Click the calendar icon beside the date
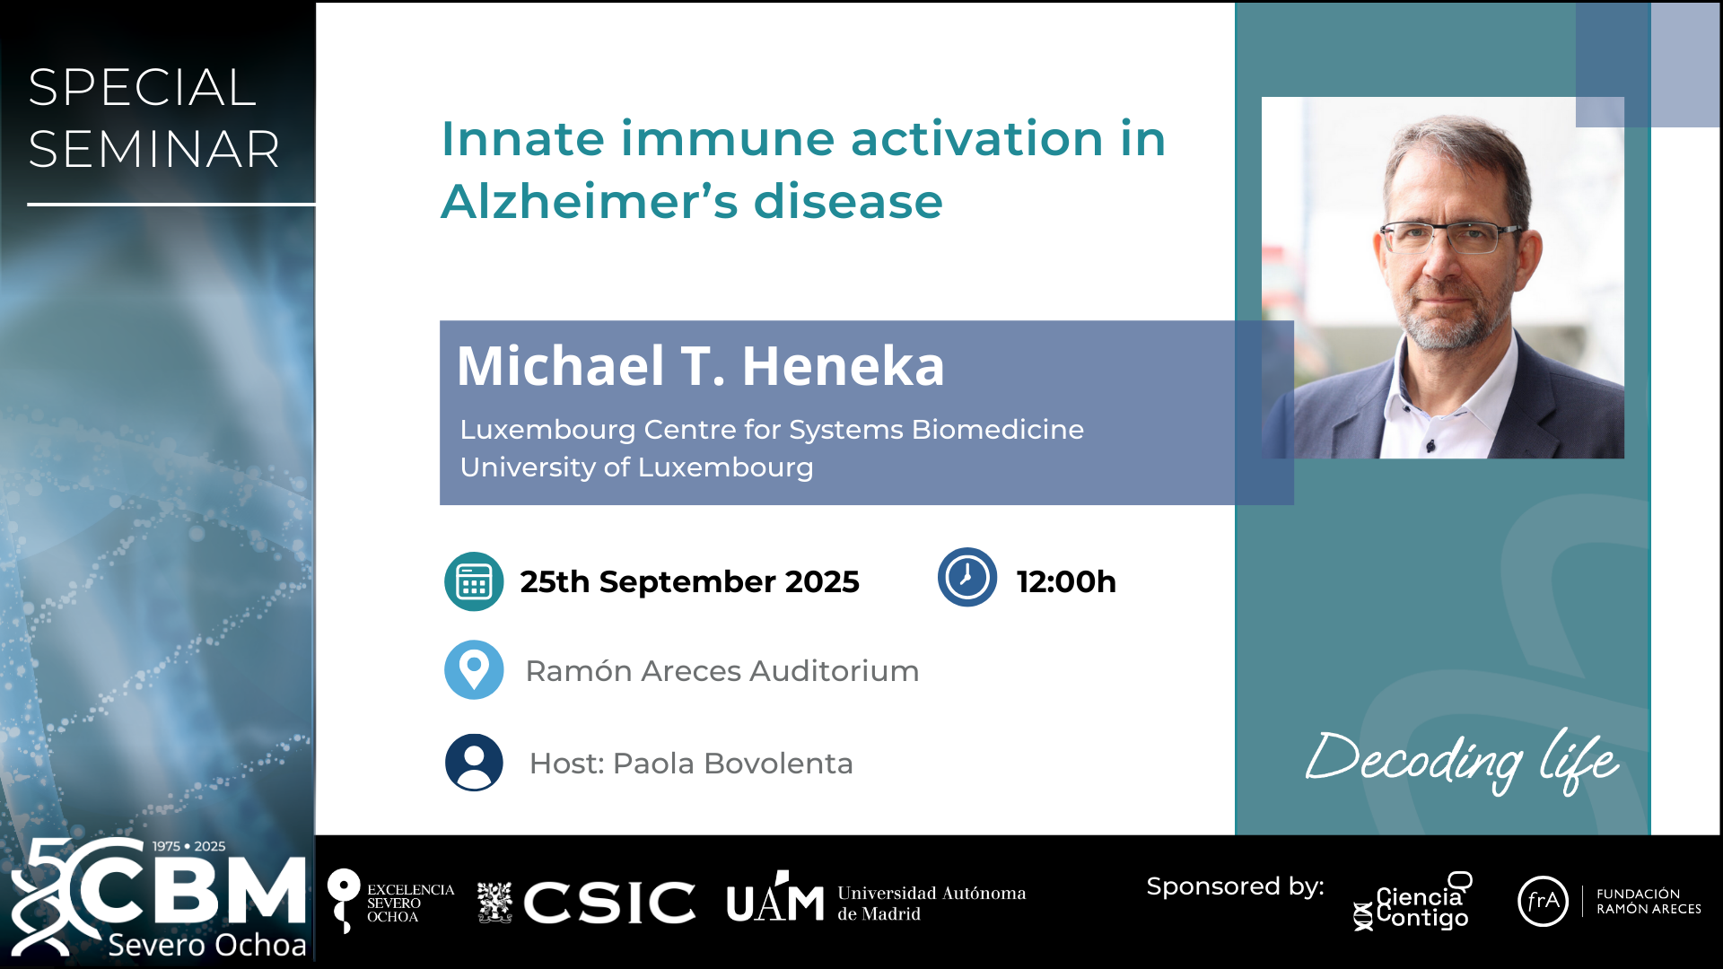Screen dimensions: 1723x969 [474, 581]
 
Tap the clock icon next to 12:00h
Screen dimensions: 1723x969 [967, 577]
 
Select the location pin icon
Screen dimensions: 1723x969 [474, 669]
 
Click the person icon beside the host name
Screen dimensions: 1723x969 [474, 763]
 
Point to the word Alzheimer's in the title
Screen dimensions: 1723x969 [589, 200]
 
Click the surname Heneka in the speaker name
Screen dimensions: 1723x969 [844, 366]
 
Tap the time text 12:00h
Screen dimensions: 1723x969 [1066, 581]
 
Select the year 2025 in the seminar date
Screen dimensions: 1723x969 [822, 581]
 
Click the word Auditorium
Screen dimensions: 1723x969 [835, 671]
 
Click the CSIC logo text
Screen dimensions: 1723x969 [609, 902]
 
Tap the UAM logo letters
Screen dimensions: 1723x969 [775, 898]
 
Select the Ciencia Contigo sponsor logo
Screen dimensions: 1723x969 [1413, 902]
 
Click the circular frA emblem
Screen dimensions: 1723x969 [1543, 901]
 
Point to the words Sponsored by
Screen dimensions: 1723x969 [1235, 886]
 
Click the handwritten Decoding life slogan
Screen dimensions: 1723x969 [1463, 761]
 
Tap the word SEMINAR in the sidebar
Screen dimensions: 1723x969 [153, 149]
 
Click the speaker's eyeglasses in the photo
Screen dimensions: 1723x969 [1447, 237]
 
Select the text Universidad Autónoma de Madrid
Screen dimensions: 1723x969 [931, 903]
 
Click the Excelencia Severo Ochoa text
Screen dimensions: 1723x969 [410, 903]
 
